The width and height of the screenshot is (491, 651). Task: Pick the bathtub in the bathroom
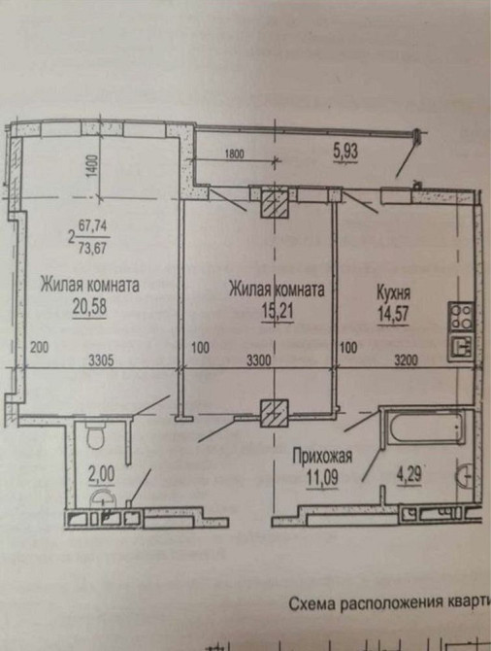point(424,426)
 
